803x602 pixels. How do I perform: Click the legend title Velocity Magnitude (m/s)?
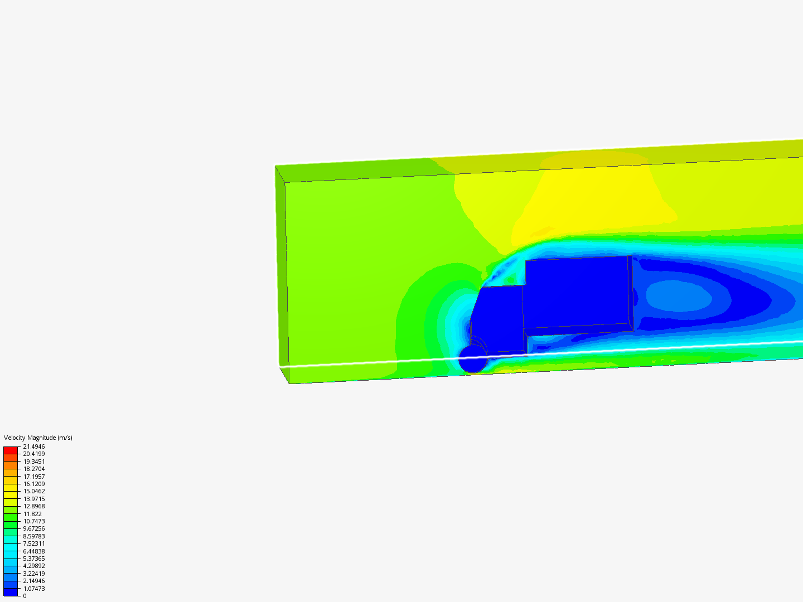coord(38,438)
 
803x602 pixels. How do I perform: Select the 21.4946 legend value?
coord(34,446)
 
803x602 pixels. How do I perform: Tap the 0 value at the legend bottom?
coord(25,596)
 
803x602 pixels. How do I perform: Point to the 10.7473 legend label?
coord(34,521)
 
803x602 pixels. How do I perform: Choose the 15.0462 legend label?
coord(34,491)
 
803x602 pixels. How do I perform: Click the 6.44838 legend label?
coord(34,551)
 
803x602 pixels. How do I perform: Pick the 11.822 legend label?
coord(32,514)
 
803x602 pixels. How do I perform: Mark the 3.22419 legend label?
coord(34,574)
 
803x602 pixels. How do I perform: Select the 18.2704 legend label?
coord(34,469)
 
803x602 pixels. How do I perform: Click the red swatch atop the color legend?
coord(11,450)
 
